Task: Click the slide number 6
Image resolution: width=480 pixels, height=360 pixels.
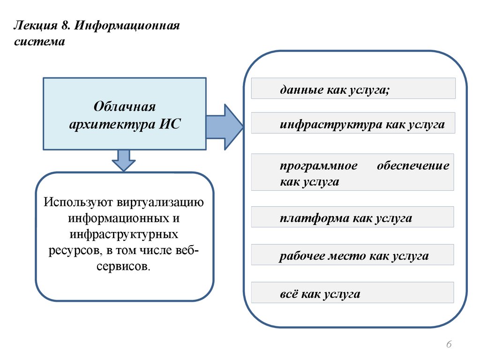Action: (x=449, y=345)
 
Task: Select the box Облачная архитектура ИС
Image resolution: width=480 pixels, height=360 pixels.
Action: (x=124, y=114)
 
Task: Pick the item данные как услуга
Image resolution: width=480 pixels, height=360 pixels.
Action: (x=353, y=89)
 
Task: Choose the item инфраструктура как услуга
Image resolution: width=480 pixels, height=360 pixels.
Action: (x=353, y=123)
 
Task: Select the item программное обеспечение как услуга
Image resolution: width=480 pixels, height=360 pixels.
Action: (x=353, y=172)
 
